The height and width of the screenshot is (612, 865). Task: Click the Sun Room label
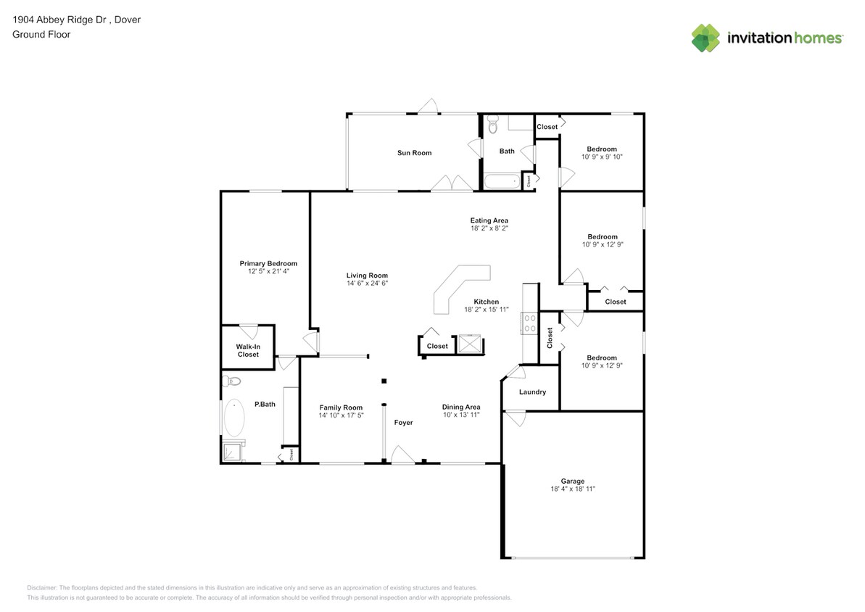click(x=414, y=153)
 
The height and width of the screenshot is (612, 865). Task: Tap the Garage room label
click(x=572, y=481)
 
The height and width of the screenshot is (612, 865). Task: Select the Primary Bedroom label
click(x=268, y=263)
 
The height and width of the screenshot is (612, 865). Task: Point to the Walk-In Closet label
click(x=248, y=350)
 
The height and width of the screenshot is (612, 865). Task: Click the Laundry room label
click(x=532, y=392)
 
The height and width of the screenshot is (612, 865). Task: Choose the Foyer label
click(x=403, y=423)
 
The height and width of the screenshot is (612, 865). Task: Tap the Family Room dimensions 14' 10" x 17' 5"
click(x=342, y=416)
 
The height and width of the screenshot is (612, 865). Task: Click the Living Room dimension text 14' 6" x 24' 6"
click(x=367, y=284)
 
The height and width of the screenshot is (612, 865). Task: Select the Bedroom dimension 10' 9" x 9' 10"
click(x=602, y=157)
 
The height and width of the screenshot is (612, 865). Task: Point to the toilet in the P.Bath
click(x=233, y=381)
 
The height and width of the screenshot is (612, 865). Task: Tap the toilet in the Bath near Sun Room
click(x=493, y=127)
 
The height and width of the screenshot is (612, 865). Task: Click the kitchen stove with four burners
click(x=528, y=323)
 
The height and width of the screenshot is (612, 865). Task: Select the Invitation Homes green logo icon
click(x=705, y=38)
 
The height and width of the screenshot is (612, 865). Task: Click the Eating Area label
click(x=489, y=220)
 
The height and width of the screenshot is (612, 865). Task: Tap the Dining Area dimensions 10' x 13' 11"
click(x=461, y=416)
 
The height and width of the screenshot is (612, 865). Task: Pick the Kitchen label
click(x=486, y=302)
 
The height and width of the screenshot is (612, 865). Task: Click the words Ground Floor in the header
click(x=41, y=34)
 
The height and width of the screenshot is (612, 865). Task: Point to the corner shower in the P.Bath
click(x=233, y=451)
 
